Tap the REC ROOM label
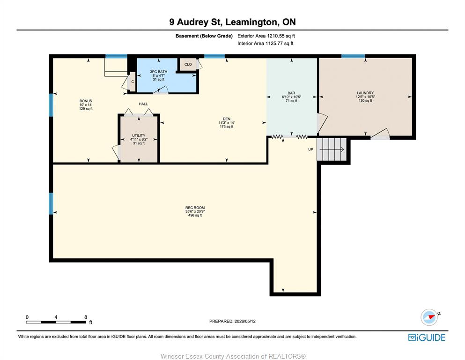(195, 208)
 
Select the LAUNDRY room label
(365, 93)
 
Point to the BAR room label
(292, 93)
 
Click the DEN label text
(227, 119)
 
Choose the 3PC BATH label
(159, 72)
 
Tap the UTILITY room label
(139, 135)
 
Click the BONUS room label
(86, 101)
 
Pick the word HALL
(143, 104)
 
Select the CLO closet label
(188, 64)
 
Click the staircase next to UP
(332, 149)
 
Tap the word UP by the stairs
(310, 149)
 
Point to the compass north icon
(429, 317)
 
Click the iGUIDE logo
(427, 337)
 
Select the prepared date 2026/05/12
(245, 321)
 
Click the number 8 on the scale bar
(86, 317)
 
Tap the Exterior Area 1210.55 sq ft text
(266, 36)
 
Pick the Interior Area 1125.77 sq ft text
(266, 43)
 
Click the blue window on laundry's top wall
(353, 56)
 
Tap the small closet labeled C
(132, 82)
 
